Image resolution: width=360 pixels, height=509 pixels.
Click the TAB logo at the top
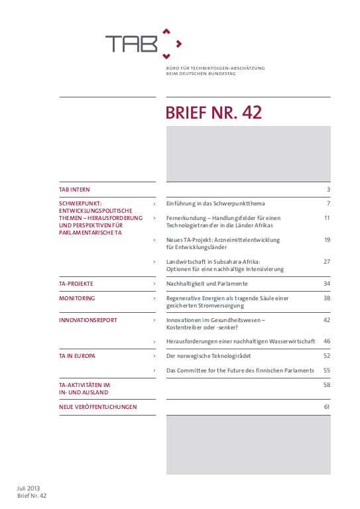coord(142,44)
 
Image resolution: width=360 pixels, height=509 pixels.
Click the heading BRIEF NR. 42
coord(213,113)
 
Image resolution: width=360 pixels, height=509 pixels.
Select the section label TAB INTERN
coord(74,190)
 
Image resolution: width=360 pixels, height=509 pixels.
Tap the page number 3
coord(328,190)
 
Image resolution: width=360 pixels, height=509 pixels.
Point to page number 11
coord(327,217)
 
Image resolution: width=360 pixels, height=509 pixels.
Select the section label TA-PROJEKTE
coord(76,284)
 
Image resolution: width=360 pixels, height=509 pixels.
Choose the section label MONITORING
coord(76,299)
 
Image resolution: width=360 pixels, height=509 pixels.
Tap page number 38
coord(326,299)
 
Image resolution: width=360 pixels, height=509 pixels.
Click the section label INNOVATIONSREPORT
coord(88,320)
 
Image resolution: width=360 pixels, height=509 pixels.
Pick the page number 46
coord(326,341)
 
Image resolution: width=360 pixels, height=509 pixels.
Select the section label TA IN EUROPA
coord(77,356)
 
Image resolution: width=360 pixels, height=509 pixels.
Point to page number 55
coord(326,370)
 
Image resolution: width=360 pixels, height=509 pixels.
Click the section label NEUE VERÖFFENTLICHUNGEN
coord(97,407)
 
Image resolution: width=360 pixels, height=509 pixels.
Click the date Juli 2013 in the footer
coord(29,488)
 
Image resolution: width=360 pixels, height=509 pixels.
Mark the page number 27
coord(326,262)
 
